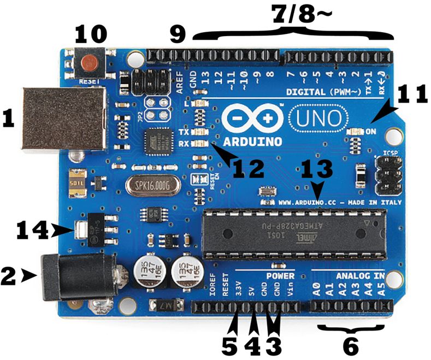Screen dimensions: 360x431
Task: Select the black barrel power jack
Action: click(76, 278)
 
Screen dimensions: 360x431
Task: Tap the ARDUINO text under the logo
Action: click(254, 141)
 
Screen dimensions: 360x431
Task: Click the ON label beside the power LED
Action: click(371, 132)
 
